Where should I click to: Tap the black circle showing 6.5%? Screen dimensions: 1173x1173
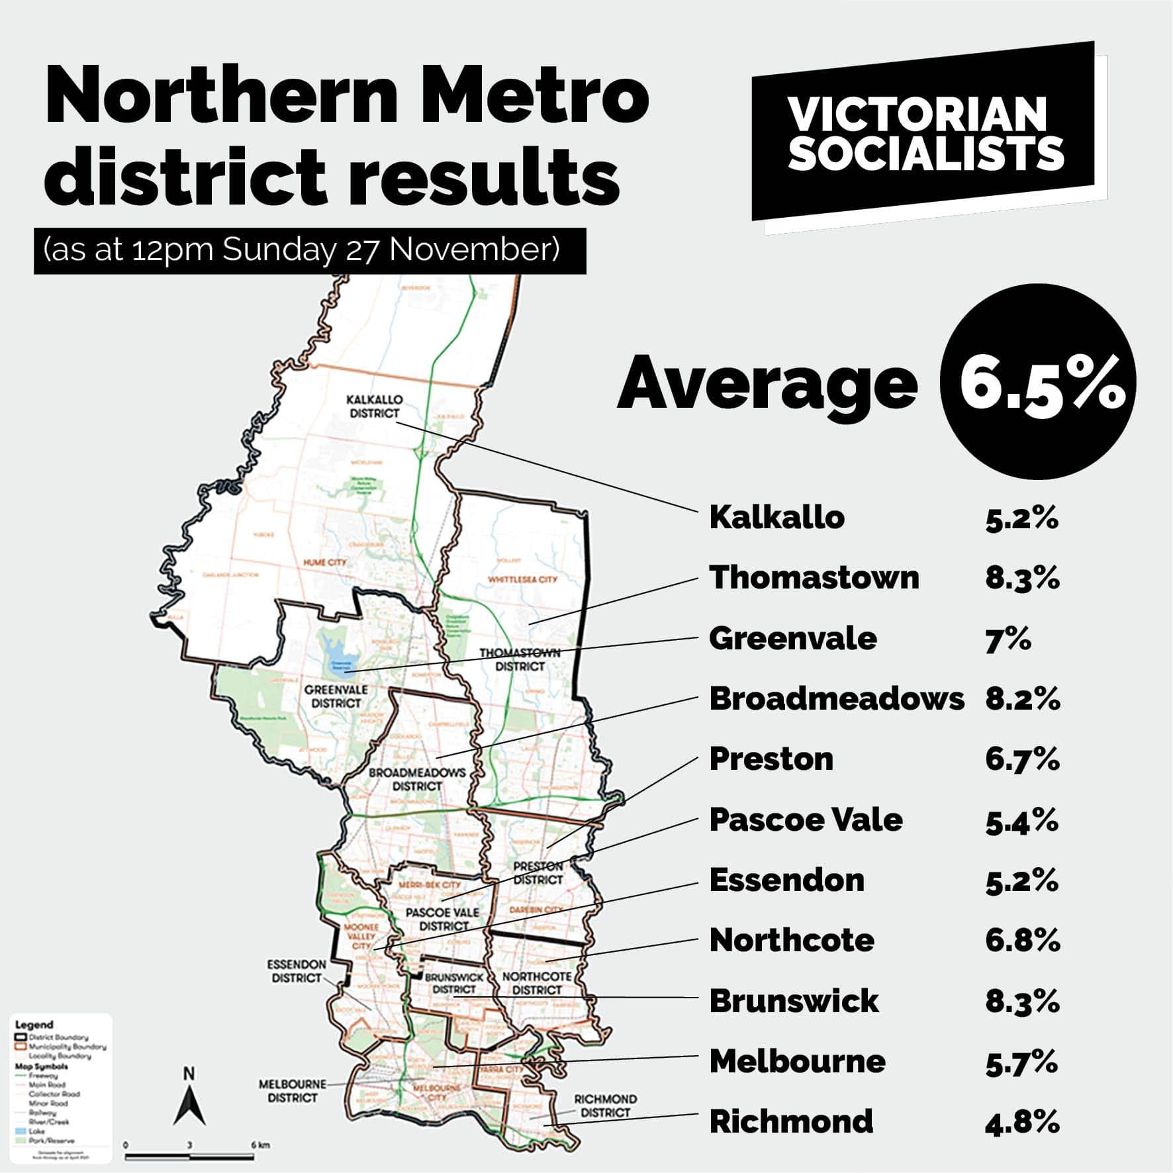(x=1037, y=382)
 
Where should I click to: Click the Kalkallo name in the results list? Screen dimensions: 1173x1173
(x=776, y=518)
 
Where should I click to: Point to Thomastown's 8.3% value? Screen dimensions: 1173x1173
(x=1022, y=578)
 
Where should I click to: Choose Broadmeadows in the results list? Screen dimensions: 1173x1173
(x=836, y=698)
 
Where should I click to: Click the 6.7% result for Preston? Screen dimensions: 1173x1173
(x=1022, y=759)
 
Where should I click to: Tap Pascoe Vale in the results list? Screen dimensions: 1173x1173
(x=806, y=820)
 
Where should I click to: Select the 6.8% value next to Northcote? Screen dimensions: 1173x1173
(x=1022, y=941)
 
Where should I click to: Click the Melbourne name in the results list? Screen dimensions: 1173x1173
(x=797, y=1062)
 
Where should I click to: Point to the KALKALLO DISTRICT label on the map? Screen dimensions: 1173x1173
(x=374, y=406)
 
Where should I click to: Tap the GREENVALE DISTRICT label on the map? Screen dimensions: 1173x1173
(x=336, y=696)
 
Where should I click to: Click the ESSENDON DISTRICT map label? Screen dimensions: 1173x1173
(x=297, y=971)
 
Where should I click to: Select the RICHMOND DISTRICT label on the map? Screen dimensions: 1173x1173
(x=605, y=1105)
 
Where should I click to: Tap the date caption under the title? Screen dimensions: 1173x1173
(x=309, y=251)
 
